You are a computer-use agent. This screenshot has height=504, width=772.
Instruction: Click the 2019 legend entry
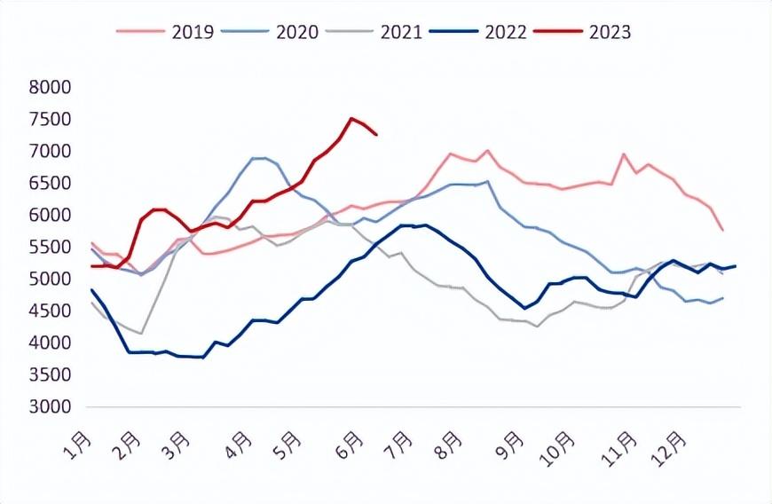coord(165,32)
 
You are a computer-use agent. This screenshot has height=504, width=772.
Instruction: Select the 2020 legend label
coord(270,32)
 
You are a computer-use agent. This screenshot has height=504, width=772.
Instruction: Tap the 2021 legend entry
coord(374,32)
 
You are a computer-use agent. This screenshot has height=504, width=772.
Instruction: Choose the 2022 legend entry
coord(478,32)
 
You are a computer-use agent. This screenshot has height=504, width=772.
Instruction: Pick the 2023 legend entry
coord(583,32)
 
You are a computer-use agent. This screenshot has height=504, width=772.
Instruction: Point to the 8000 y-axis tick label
coord(50,87)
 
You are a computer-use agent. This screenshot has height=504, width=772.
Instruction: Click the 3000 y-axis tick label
coord(50,406)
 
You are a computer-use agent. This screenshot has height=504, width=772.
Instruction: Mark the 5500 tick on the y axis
coord(50,247)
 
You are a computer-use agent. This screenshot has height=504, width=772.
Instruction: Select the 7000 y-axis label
coord(50,151)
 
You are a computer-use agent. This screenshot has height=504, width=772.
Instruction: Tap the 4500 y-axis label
coord(50,311)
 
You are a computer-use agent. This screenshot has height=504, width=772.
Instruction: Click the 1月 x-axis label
coord(78,445)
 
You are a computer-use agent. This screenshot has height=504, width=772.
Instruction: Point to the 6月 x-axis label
coord(350,445)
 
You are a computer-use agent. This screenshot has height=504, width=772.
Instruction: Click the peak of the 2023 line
coord(351,118)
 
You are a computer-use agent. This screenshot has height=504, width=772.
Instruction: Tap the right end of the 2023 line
coord(376,134)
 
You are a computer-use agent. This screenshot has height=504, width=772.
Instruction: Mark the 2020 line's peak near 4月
coord(258,158)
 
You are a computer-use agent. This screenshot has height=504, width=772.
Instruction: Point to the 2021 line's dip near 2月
coord(141,334)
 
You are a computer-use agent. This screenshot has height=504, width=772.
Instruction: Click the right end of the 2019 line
coord(723,231)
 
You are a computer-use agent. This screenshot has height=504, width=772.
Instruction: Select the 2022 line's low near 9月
coord(524,308)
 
